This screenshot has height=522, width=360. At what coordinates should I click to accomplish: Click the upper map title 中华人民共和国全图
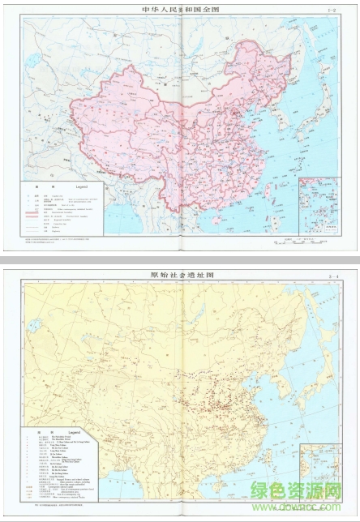180,11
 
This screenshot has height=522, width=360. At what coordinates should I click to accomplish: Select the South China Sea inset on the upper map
318,203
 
